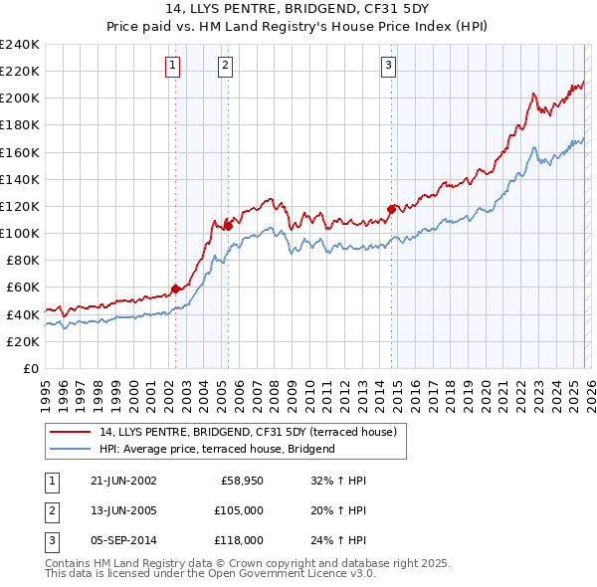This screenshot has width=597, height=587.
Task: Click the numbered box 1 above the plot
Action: click(173, 66)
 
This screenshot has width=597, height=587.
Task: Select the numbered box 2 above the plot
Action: click(226, 66)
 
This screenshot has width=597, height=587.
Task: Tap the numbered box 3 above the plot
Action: click(388, 66)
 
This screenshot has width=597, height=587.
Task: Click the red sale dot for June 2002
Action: click(176, 289)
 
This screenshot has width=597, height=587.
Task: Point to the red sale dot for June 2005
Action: click(228, 226)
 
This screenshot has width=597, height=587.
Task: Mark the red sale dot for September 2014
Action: click(391, 209)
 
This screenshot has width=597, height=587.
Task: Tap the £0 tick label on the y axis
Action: click(31, 368)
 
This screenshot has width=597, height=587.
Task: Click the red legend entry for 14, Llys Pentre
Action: click(248, 432)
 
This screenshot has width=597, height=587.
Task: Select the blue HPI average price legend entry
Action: click(217, 449)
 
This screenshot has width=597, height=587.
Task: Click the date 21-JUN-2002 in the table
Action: click(123, 481)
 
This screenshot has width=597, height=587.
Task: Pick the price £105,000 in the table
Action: click(239, 510)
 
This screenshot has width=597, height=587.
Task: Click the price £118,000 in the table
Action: click(239, 540)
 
